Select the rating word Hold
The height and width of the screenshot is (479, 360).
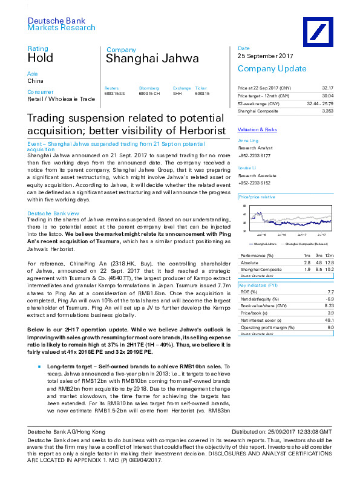pyautogui.click(x=41, y=59)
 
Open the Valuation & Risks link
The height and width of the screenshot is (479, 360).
pyautogui.click(x=257, y=130)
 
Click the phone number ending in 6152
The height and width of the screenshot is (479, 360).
pyautogui.click(x=255, y=183)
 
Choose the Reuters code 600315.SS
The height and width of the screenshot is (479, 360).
pyautogui.click(x=114, y=94)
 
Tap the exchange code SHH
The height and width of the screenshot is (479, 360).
pyautogui.click(x=177, y=94)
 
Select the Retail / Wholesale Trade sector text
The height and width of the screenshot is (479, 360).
pyautogui.click(x=61, y=99)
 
